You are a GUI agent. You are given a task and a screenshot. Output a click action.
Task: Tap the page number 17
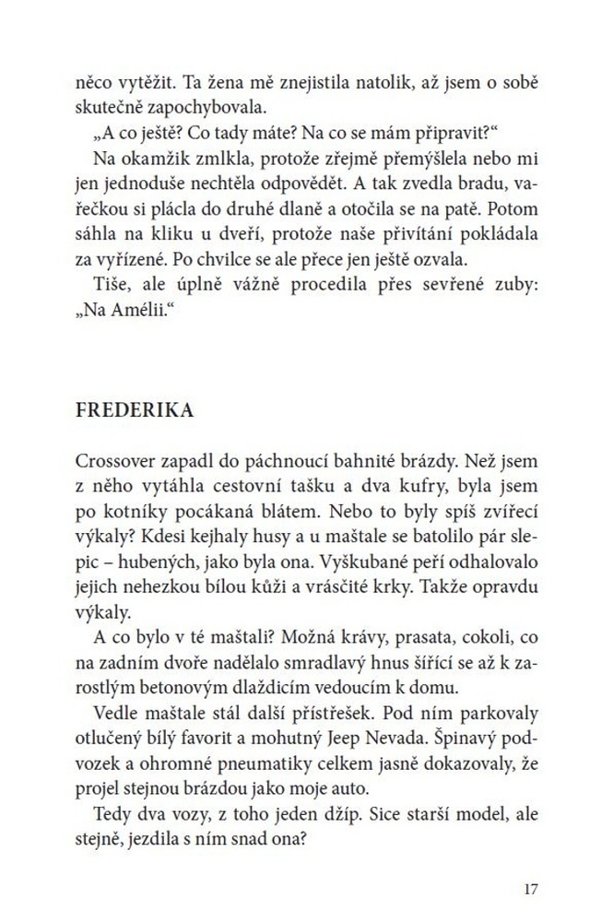tap(528, 889)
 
